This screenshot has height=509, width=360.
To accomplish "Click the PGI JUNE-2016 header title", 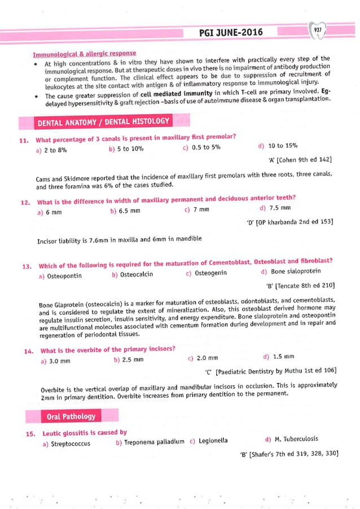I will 231,33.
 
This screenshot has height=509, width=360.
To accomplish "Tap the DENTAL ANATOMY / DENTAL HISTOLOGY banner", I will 103,122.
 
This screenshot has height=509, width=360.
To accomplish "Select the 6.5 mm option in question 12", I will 125,211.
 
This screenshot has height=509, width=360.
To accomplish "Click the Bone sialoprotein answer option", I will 292,272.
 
